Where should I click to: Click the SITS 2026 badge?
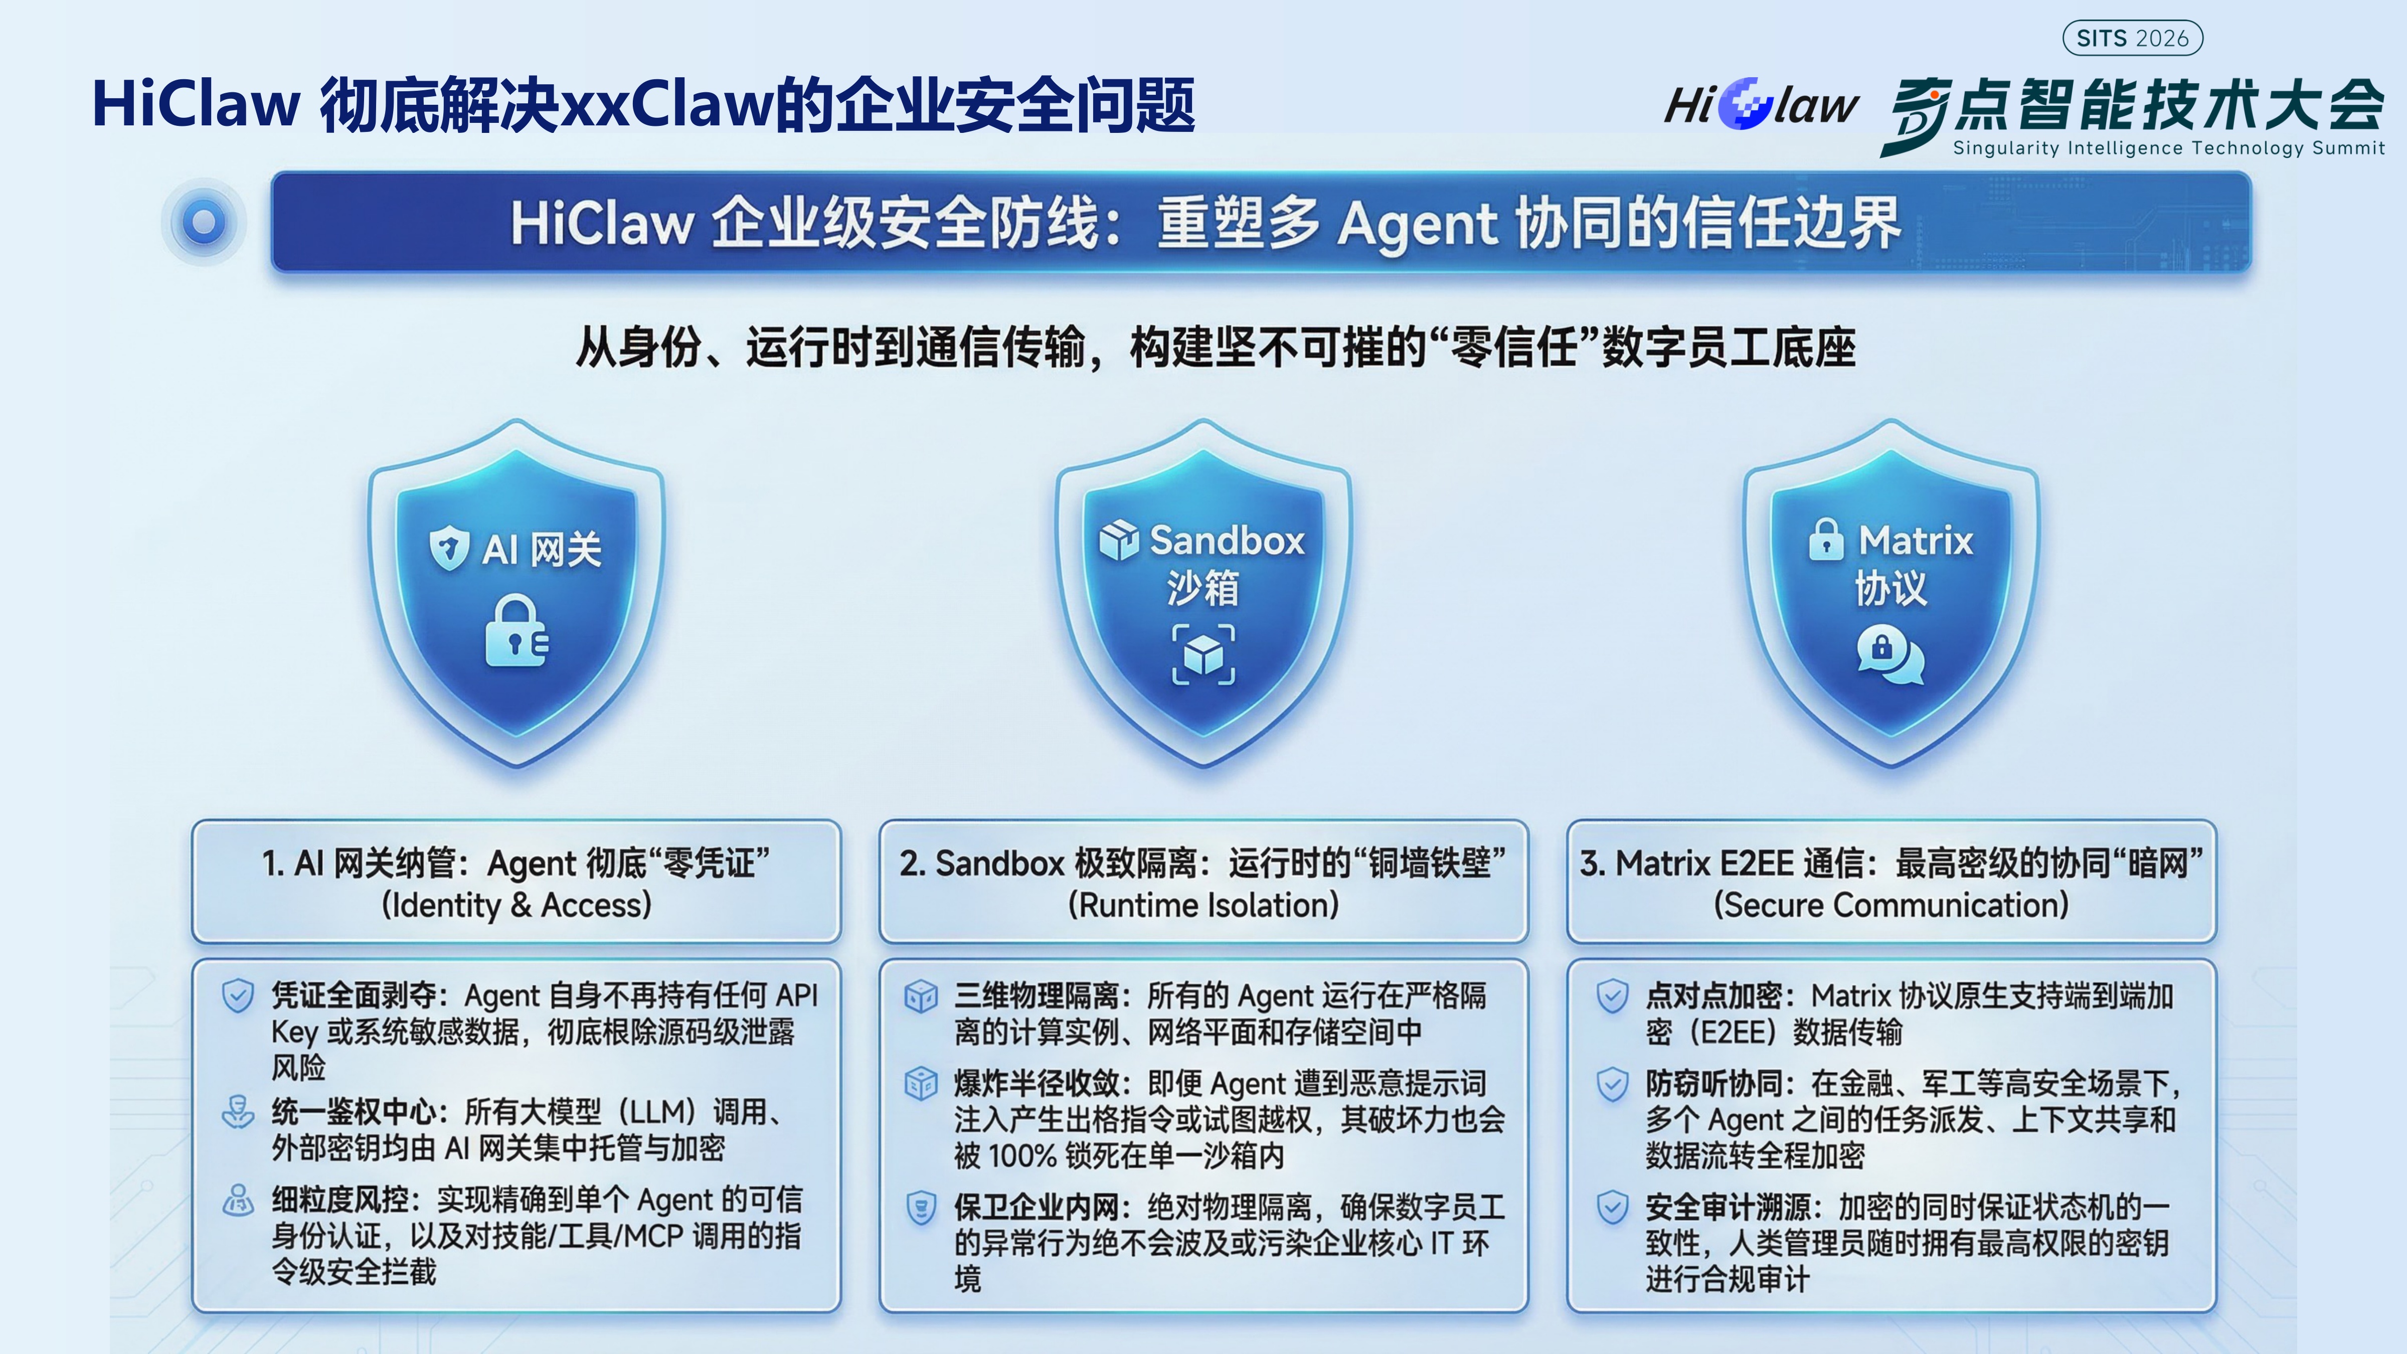coord(2132,38)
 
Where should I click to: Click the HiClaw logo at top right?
coord(1761,104)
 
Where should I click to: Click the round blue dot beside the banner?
coord(204,222)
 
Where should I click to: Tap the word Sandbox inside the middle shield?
coord(1227,540)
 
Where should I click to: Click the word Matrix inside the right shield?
coord(1916,540)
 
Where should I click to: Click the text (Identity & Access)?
coord(517,905)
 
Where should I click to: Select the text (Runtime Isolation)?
coord(1203,905)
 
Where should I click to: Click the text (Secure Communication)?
coord(1891,905)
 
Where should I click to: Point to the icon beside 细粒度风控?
coord(237,1200)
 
